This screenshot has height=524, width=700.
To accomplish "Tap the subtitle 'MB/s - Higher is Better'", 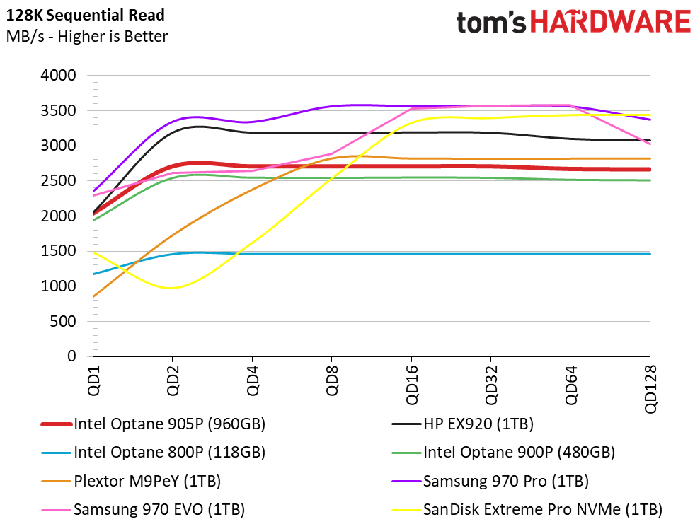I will click(x=86, y=36).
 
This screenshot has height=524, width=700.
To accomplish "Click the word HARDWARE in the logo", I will click(x=610, y=23).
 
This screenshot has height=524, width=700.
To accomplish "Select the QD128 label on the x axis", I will click(x=650, y=388).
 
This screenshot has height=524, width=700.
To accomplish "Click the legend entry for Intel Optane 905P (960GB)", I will click(x=169, y=425).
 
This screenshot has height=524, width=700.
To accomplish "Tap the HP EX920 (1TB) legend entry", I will click(x=478, y=425).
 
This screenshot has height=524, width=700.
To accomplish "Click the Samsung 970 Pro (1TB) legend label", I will click(x=505, y=482).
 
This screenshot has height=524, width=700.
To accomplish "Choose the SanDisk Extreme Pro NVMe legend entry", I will click(x=542, y=509).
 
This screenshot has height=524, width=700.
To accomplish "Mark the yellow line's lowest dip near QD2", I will click(x=172, y=288).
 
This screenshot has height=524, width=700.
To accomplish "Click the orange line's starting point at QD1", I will click(x=93, y=296).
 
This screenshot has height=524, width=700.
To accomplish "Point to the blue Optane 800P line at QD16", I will click(x=411, y=254).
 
